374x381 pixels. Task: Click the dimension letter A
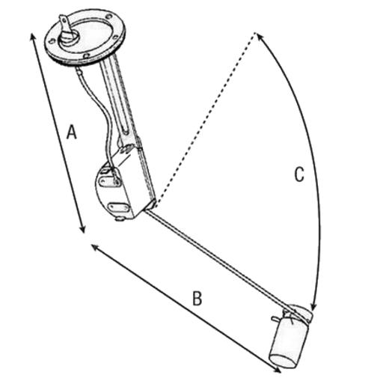(72, 132)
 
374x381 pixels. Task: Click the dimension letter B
(197, 298)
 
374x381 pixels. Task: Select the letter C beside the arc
(299, 174)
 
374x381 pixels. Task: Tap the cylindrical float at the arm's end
(290, 344)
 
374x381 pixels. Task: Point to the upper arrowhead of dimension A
(31, 35)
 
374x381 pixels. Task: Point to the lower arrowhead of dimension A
(83, 231)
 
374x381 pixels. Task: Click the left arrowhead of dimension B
(93, 246)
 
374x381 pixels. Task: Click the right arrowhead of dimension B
(278, 371)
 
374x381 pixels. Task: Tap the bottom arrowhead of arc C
(313, 307)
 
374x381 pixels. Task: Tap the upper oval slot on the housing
(109, 182)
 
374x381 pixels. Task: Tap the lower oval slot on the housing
(117, 207)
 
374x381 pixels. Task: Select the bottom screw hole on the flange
(86, 55)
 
